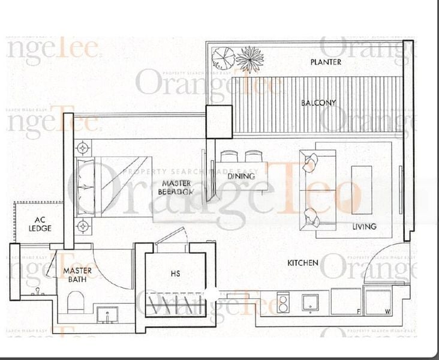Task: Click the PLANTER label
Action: (x=326, y=62)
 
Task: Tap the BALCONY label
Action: (x=318, y=103)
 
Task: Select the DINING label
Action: (x=241, y=176)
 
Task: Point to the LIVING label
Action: (x=365, y=226)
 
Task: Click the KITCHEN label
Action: (x=302, y=263)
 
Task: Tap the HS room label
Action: (x=176, y=274)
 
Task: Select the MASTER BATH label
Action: (x=77, y=276)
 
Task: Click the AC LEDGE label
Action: (x=40, y=224)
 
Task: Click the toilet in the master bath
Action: (x=76, y=302)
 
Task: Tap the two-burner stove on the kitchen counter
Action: (x=282, y=302)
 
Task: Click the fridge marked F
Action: (x=347, y=302)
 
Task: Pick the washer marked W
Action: (x=378, y=302)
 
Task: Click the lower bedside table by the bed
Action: (x=83, y=226)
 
